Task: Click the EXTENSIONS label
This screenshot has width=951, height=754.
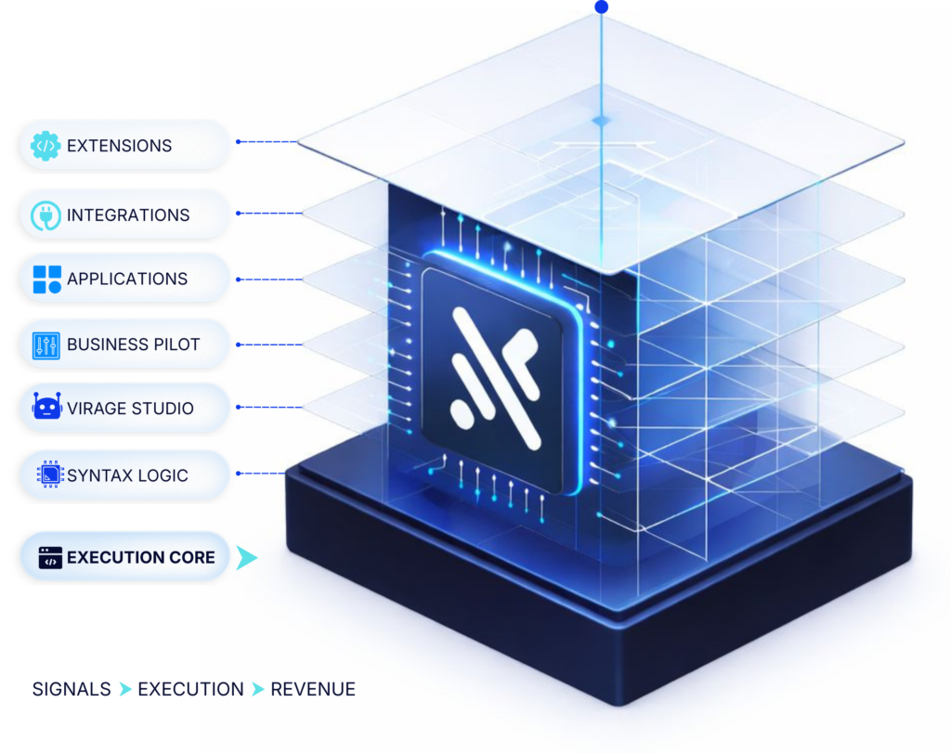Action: pyautogui.click(x=119, y=146)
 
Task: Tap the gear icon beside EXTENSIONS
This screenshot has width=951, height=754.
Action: pyautogui.click(x=46, y=146)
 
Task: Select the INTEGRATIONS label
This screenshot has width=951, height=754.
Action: pyautogui.click(x=128, y=215)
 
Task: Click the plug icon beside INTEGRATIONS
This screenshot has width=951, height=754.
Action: pyautogui.click(x=46, y=215)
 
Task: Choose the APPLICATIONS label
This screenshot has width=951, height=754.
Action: pyautogui.click(x=127, y=279)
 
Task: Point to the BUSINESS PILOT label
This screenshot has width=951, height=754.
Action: pyautogui.click(x=133, y=344)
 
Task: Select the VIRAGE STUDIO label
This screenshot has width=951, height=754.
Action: pyautogui.click(x=130, y=408)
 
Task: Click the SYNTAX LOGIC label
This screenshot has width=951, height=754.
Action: pyautogui.click(x=127, y=475)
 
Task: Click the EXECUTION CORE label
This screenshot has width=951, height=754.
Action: pyautogui.click(x=140, y=557)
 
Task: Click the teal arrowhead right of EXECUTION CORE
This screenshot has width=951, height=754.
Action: pyautogui.click(x=246, y=557)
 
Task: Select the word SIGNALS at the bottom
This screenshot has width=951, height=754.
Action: pyautogui.click(x=72, y=689)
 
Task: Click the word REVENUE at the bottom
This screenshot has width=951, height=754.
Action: pyautogui.click(x=313, y=689)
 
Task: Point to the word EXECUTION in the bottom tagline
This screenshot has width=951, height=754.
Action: pyautogui.click(x=190, y=689)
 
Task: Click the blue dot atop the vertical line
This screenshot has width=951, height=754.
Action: pyautogui.click(x=602, y=7)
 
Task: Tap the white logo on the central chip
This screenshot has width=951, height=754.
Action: pyautogui.click(x=492, y=376)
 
